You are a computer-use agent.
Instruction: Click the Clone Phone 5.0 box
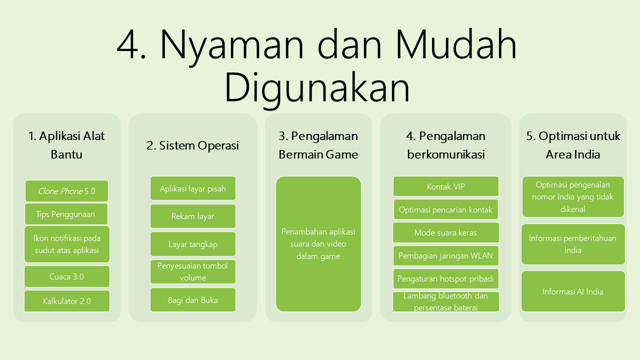click(66, 191)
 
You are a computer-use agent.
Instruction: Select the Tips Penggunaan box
click(66, 214)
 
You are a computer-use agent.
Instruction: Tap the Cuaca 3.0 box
click(67, 276)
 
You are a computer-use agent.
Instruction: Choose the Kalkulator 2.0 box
click(67, 301)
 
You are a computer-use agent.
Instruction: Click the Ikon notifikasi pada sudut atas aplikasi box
click(67, 244)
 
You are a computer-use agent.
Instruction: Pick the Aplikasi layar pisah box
click(193, 188)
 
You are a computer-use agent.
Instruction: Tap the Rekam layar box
click(193, 216)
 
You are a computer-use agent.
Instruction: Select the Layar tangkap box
click(193, 244)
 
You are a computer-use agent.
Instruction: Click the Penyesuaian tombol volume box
click(193, 271)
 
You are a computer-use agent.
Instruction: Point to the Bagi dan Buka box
click(193, 299)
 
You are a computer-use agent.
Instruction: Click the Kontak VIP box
click(445, 186)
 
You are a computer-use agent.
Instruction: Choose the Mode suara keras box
click(445, 232)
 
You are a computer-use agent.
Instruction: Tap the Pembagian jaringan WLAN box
click(445, 255)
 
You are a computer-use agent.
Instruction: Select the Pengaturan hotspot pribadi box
click(445, 278)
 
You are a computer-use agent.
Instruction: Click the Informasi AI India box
click(573, 291)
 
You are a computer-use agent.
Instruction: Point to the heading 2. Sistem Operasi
click(192, 145)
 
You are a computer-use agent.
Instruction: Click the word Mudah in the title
click(456, 44)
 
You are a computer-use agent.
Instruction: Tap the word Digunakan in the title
click(317, 87)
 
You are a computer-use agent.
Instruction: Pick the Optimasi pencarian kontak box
click(445, 209)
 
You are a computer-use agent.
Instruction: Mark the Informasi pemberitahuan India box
click(573, 244)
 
